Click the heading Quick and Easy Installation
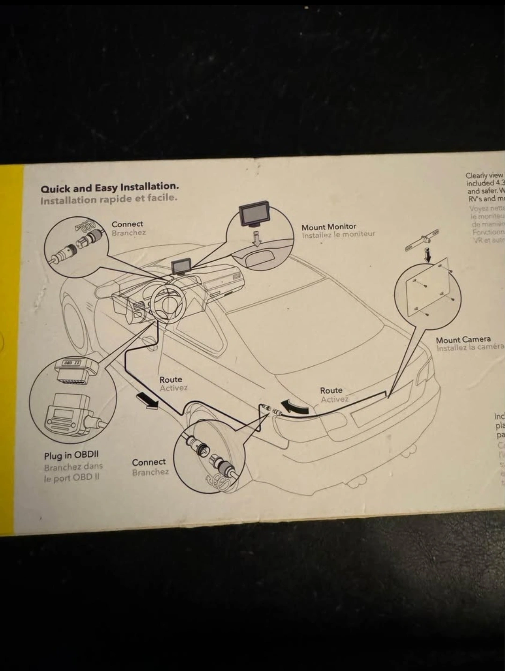pos(110,188)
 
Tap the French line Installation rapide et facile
pos(109,199)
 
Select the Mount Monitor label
pos(329,227)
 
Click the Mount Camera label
pos(463,339)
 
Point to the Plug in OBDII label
pos(71,455)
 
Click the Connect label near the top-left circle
pos(127,224)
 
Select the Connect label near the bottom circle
pos(148,462)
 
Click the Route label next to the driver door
pos(170,379)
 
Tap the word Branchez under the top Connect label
pos(128,233)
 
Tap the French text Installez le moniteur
pos(338,235)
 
